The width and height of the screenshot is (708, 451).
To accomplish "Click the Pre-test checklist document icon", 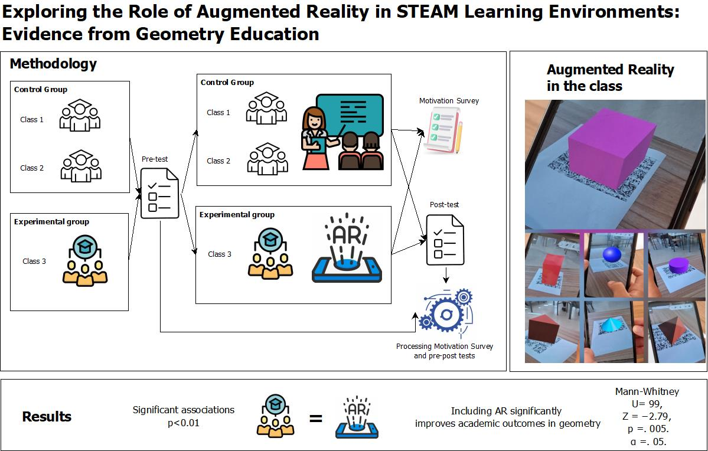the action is (159, 193).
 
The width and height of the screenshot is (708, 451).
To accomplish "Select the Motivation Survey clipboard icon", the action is (440, 132).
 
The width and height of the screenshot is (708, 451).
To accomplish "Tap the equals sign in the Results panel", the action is (316, 419).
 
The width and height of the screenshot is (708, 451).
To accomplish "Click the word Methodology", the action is (53, 64).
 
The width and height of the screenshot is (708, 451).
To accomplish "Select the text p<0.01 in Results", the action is (184, 423).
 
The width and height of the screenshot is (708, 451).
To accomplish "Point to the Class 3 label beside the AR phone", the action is (220, 254).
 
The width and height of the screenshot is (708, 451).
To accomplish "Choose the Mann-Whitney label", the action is (647, 391).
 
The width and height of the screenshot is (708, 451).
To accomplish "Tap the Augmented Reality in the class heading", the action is (610, 77).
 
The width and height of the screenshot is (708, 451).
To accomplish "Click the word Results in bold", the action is (47, 416).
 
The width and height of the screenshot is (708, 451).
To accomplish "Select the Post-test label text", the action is (444, 205).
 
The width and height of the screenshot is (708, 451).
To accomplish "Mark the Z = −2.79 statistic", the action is (647, 417).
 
